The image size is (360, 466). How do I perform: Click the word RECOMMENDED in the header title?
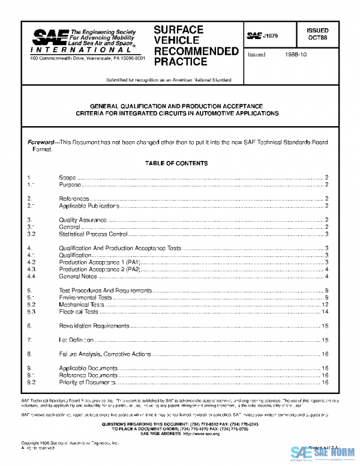click(196, 51)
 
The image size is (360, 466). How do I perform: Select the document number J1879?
click(269, 37)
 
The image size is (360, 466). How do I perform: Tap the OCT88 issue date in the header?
click(317, 37)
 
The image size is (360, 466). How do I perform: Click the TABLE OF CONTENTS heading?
click(176, 163)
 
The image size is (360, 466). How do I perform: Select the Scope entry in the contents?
click(67, 177)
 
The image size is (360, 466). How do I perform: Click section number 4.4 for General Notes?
click(32, 276)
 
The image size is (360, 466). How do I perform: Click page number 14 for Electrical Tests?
click(325, 312)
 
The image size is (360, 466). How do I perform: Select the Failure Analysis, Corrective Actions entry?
click(105, 354)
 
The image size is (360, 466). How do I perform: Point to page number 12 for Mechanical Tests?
click(325, 304)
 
